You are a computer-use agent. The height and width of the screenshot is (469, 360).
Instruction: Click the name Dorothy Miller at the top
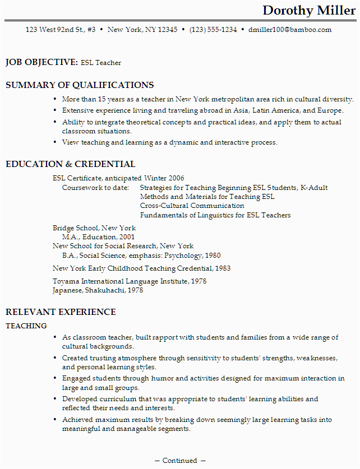[309, 11]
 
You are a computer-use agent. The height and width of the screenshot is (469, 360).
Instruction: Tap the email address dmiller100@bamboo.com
[290, 30]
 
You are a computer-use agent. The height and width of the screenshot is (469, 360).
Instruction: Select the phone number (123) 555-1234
[213, 30]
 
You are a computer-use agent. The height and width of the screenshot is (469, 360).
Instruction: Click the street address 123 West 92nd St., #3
[61, 30]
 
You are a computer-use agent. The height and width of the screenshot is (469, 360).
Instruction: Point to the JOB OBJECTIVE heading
[41, 62]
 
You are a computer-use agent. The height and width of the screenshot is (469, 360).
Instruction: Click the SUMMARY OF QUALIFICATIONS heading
[80, 85]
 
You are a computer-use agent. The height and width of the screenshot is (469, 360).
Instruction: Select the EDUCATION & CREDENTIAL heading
[70, 164]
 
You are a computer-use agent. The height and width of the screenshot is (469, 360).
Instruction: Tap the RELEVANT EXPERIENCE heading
[61, 312]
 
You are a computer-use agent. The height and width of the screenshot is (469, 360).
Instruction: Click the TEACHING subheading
[26, 326]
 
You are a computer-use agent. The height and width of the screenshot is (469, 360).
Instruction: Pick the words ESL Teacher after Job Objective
[101, 63]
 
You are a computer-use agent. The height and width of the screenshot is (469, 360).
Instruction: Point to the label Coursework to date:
[95, 188]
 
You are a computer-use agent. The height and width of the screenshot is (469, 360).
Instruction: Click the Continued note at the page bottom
[180, 461]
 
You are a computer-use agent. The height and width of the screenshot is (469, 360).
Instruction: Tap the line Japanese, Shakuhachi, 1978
[98, 290]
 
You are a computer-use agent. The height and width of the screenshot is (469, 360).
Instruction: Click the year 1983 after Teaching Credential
[223, 268]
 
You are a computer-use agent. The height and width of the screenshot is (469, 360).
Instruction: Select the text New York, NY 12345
[142, 30]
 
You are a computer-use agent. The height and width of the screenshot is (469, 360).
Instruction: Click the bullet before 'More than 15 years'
[55, 99]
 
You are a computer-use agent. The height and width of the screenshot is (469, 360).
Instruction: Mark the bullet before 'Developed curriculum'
[55, 399]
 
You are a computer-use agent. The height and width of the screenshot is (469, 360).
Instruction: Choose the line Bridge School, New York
[94, 228]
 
